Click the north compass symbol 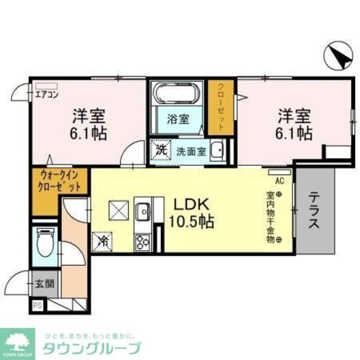coord(338,56)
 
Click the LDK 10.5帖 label coord(191,213)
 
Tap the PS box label coord(37,306)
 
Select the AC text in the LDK coord(279,181)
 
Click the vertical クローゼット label coord(221,107)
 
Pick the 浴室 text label coord(178,119)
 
